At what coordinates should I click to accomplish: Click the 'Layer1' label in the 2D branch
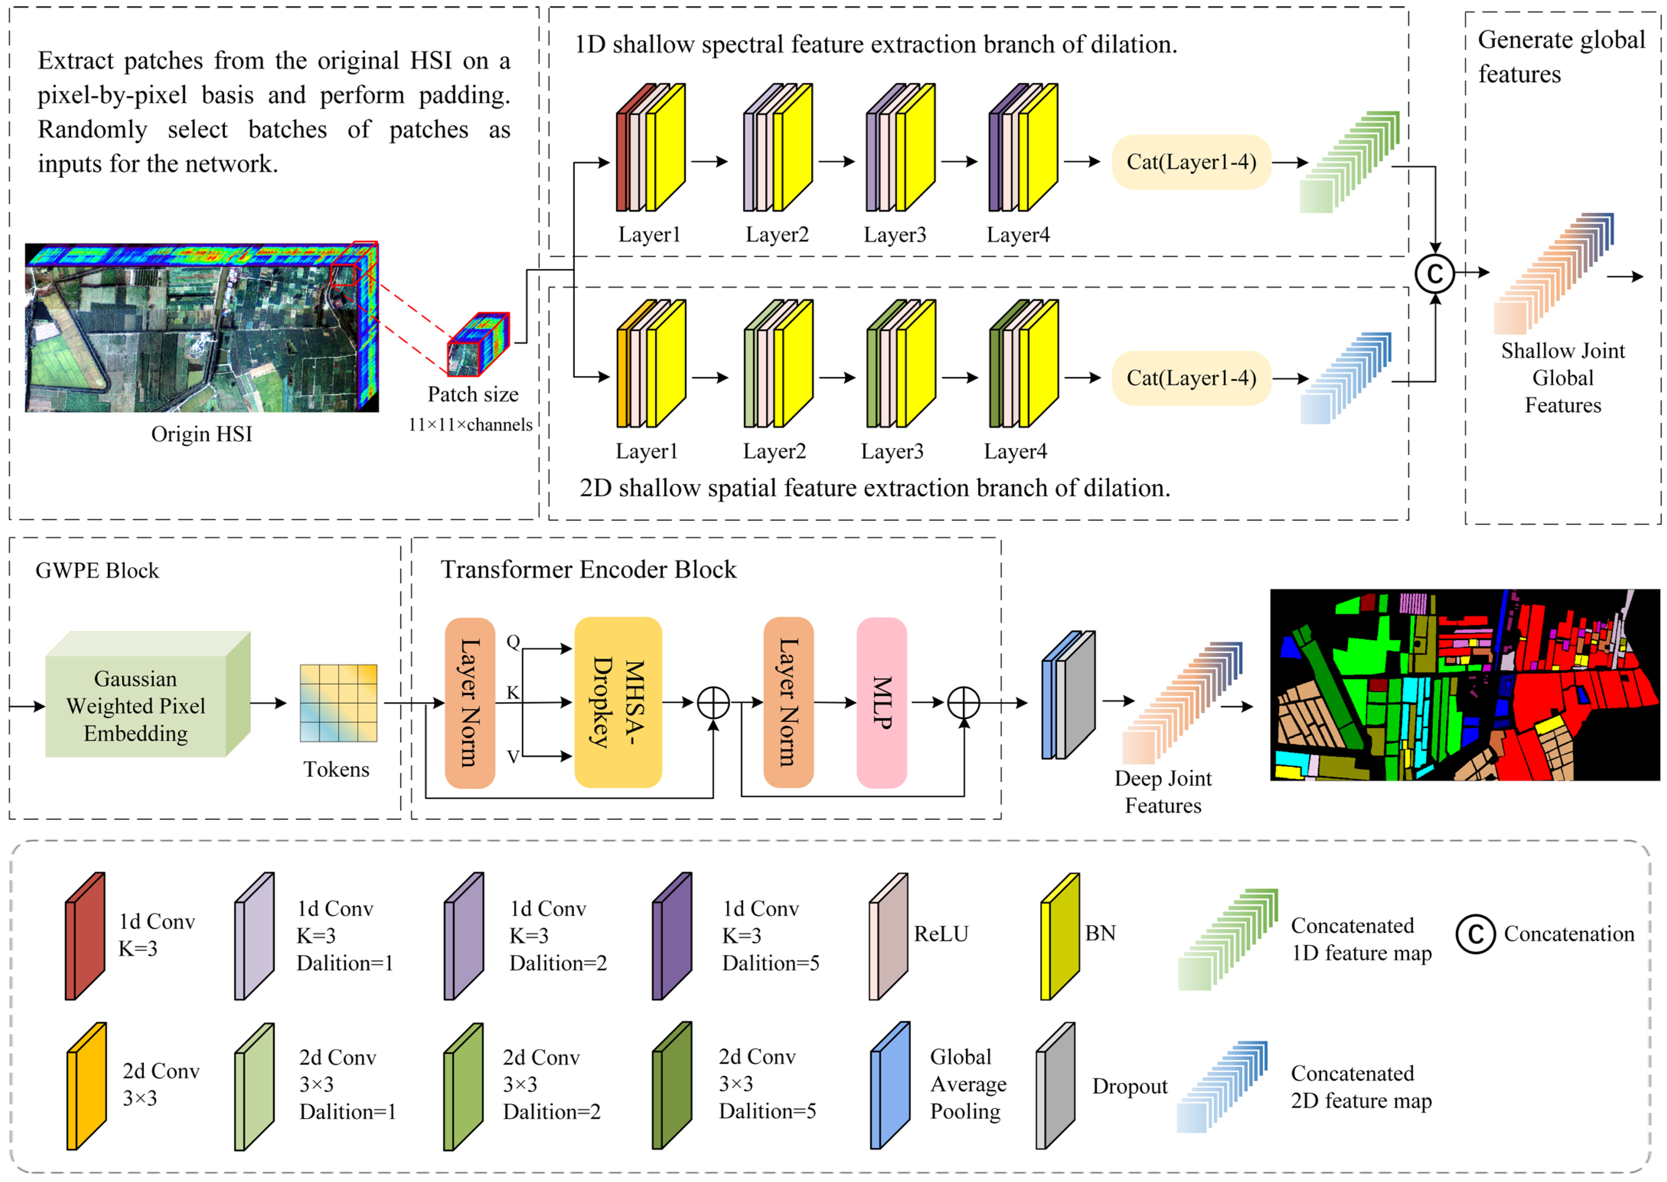pos(647,451)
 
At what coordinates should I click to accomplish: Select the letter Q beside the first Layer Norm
pos(513,641)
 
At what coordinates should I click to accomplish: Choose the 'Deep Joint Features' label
pos(1162,792)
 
